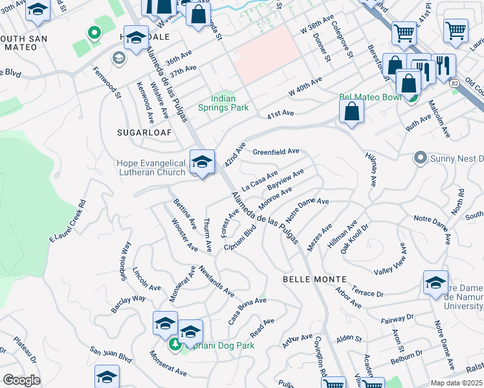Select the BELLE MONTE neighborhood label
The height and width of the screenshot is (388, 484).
coord(307,278)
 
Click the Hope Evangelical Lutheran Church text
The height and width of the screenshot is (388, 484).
coord(151,167)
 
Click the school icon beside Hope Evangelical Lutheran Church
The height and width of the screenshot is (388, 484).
coord(202,162)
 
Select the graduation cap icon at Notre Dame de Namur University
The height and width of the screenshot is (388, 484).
coord(435,283)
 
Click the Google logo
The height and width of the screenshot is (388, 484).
coord(22,380)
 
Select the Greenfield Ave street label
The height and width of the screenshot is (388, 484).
coord(276,151)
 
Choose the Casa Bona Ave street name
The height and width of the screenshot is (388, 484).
coord(247,302)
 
